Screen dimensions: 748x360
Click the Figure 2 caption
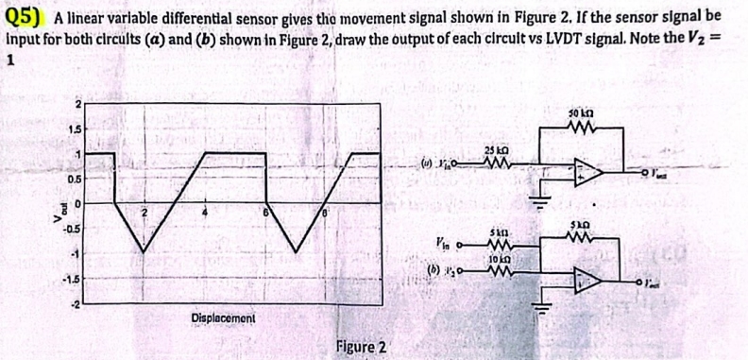[360, 347]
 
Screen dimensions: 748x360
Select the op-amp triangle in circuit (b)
[591, 277]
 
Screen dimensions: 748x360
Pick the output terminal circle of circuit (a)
[652, 174]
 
